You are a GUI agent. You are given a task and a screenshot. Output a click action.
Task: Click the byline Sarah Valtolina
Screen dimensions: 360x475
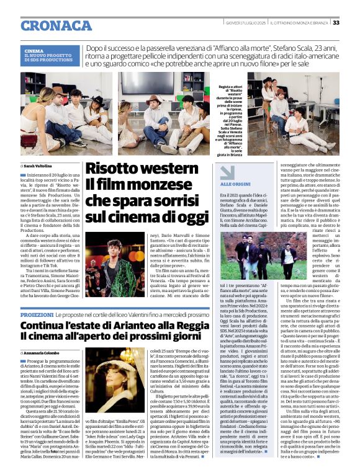coord(38,166)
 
